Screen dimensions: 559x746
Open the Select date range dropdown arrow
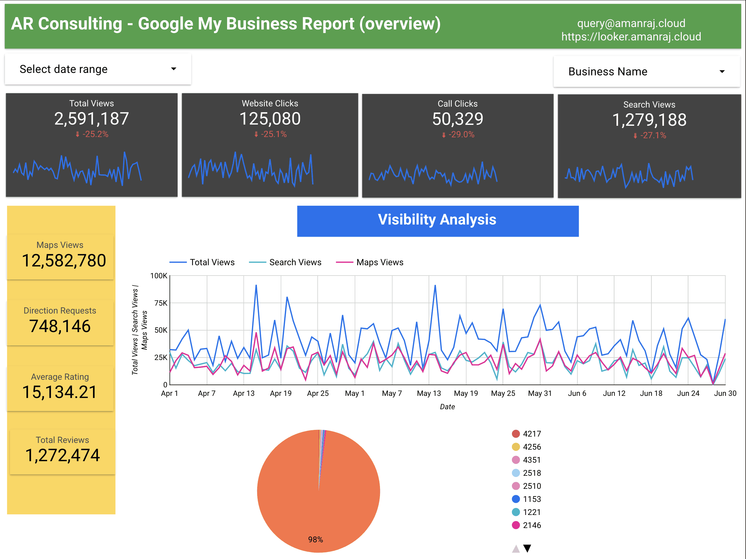[x=173, y=69]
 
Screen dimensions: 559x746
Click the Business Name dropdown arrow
[x=722, y=71]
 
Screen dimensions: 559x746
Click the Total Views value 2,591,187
[x=92, y=118]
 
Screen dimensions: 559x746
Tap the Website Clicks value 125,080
[x=270, y=118]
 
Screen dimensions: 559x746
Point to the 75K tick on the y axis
[x=161, y=303]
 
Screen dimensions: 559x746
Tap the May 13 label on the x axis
[x=429, y=393]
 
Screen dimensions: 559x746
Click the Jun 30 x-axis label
[x=725, y=393]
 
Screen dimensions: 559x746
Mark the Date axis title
[x=447, y=407]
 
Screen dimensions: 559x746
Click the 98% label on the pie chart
[x=315, y=540]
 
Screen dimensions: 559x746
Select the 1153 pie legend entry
[x=531, y=499]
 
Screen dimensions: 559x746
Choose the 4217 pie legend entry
[x=531, y=434]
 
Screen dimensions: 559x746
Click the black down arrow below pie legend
[x=527, y=549]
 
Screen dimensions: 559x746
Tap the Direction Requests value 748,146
[x=60, y=326]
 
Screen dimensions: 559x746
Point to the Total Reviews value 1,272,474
[x=62, y=455]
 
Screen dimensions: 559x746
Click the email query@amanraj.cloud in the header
[x=631, y=23]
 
